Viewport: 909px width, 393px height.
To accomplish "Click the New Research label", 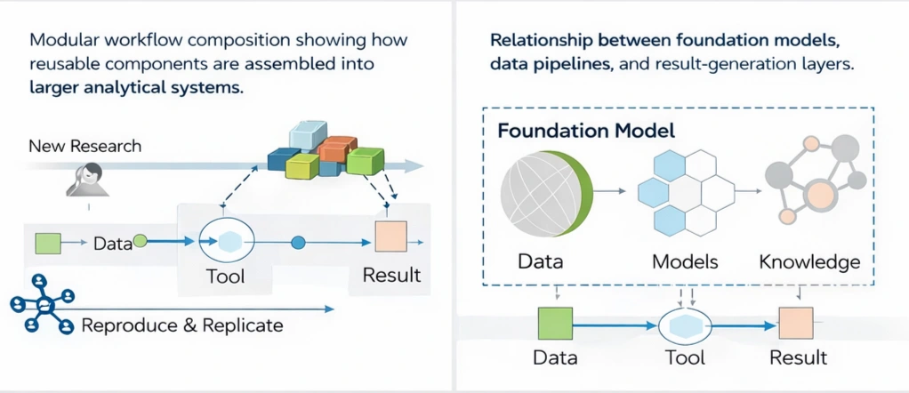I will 85,145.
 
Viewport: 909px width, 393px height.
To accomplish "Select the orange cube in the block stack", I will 337,148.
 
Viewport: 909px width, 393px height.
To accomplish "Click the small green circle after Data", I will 140,240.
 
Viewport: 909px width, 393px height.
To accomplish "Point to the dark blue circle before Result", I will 299,241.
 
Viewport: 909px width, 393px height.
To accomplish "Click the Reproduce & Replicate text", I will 182,325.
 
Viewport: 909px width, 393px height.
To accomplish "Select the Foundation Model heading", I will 586,131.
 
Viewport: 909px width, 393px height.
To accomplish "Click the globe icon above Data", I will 543,189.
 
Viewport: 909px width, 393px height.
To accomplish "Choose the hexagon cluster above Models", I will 683,190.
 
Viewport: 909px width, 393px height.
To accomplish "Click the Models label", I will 685,262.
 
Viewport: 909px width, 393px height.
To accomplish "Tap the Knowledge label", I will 810,262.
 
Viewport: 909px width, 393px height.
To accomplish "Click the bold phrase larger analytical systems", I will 136,88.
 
